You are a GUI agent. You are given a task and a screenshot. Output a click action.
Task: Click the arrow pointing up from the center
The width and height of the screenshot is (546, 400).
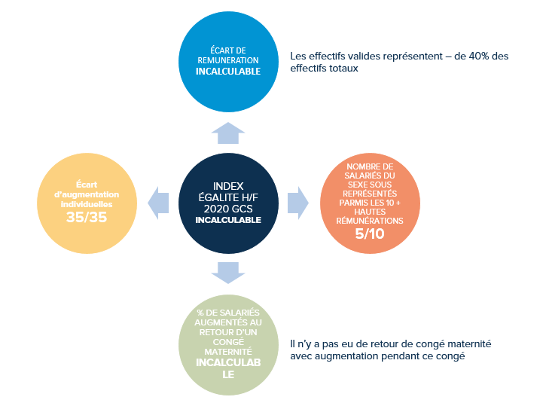228,133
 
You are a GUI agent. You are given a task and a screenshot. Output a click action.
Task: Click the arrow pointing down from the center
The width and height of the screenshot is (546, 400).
228,273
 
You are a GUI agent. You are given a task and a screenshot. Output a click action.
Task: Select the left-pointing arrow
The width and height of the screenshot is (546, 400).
158,203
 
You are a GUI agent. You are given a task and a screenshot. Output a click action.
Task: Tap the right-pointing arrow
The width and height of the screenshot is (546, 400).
298,203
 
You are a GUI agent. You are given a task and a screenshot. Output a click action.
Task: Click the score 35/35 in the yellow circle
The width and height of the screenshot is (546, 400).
87,217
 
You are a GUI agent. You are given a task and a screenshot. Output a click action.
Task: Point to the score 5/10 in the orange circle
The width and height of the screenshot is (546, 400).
370,234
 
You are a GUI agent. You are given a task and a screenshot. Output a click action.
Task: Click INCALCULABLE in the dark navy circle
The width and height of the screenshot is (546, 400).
228,220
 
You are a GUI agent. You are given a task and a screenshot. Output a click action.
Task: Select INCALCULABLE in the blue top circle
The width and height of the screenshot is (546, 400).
228,72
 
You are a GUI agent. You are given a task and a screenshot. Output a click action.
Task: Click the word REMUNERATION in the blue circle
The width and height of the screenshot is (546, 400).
228,60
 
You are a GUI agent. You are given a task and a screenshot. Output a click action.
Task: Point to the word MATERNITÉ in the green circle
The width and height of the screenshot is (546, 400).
228,352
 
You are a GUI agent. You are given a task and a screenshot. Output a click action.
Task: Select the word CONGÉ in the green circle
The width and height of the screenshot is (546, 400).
228,342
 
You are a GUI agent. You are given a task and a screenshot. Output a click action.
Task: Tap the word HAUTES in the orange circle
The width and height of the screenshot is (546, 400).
370,212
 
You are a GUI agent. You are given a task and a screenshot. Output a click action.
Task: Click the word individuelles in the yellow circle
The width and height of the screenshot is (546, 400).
87,204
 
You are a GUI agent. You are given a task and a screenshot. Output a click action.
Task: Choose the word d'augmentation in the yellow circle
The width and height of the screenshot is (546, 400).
87,194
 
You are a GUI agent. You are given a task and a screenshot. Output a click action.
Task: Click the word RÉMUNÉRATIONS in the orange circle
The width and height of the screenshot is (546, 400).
370,221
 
